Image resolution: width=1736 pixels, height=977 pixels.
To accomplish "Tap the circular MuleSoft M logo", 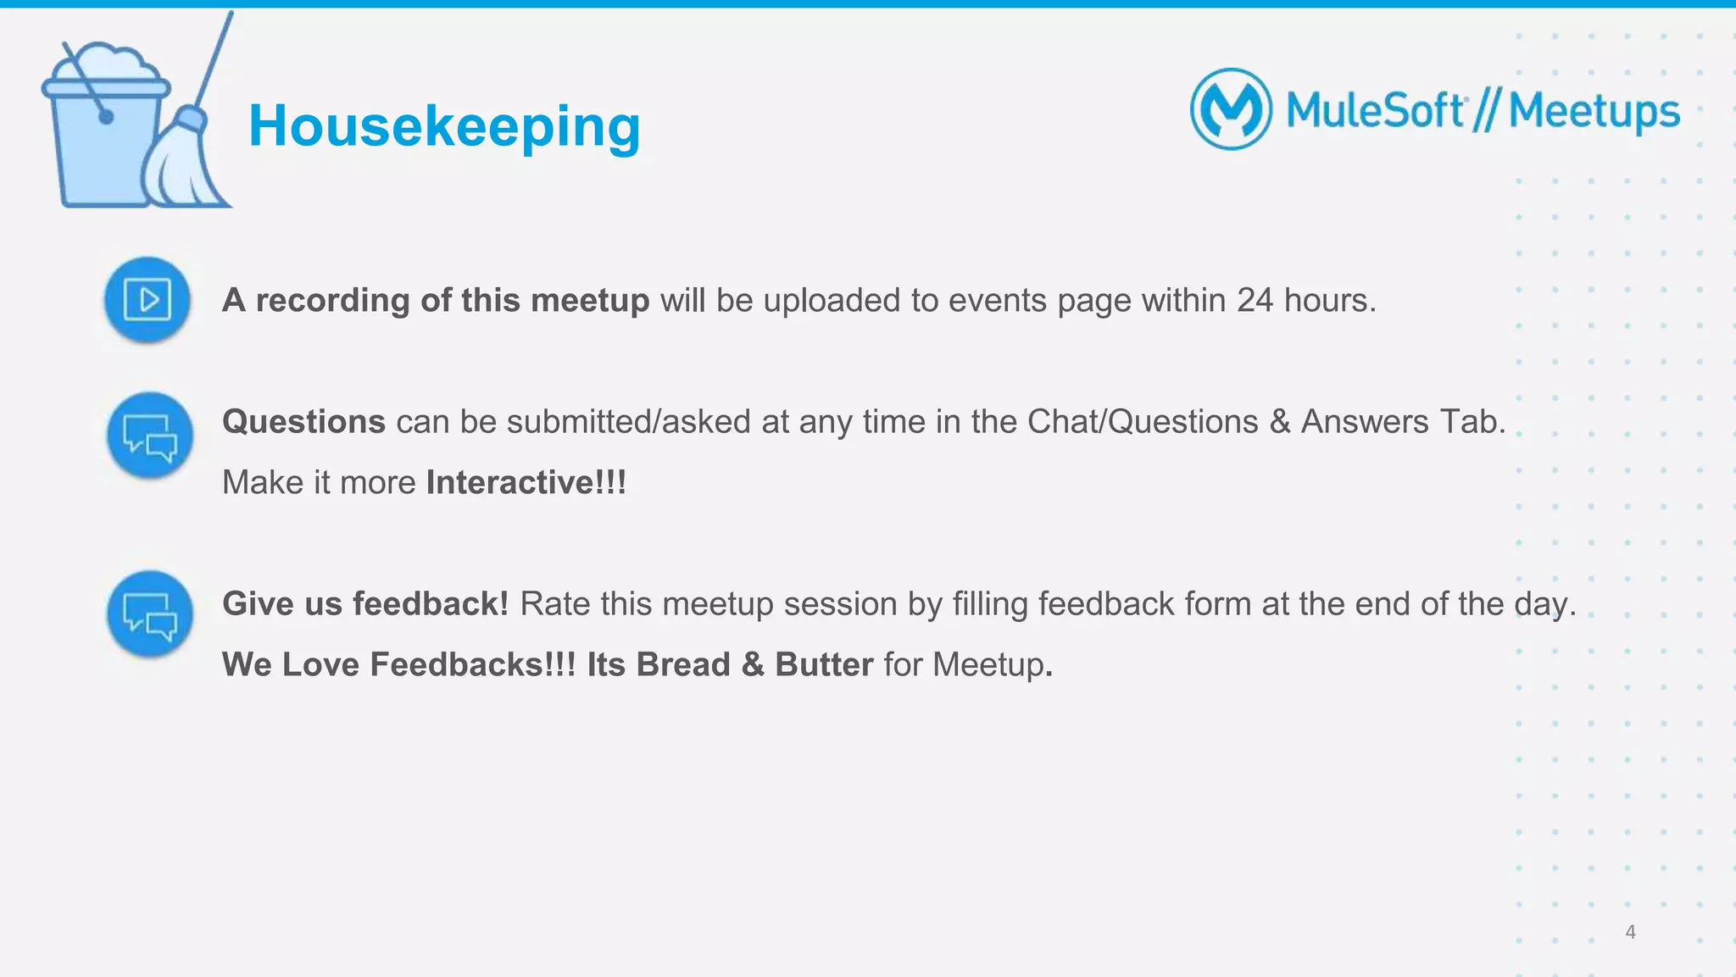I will pos(1231,109).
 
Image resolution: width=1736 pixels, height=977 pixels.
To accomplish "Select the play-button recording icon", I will pos(147,299).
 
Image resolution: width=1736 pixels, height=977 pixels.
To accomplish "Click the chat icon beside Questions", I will pos(150,436).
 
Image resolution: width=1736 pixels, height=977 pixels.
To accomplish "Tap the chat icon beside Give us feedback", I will pos(150,614).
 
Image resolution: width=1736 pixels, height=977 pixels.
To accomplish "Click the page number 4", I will pos(1630,932).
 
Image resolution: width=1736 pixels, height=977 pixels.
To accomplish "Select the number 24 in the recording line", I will pos(1255,300).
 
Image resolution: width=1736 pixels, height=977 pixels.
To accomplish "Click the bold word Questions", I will pos(303,421).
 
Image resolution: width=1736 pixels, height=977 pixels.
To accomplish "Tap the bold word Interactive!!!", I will pos(526,482).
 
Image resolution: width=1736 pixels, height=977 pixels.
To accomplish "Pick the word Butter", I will pos(823,664).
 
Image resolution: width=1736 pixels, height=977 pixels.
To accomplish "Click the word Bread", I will pos(683,664).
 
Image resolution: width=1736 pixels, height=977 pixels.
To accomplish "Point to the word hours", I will pos(1329,300).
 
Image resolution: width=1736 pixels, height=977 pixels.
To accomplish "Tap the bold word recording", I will pos(332,300).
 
